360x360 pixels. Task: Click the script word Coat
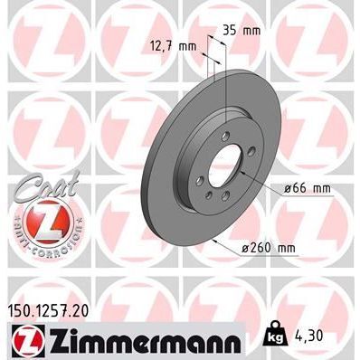[46, 185]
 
